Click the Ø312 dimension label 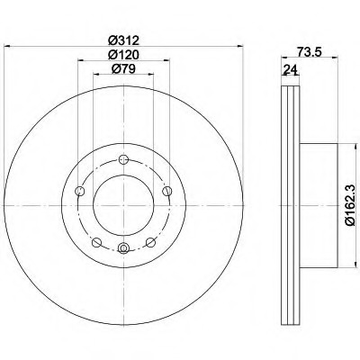122,40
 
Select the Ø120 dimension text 122,55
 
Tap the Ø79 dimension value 122,69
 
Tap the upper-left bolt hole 80,189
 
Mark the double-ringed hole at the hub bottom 122,249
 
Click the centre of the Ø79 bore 122,204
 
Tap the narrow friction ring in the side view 291,204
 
